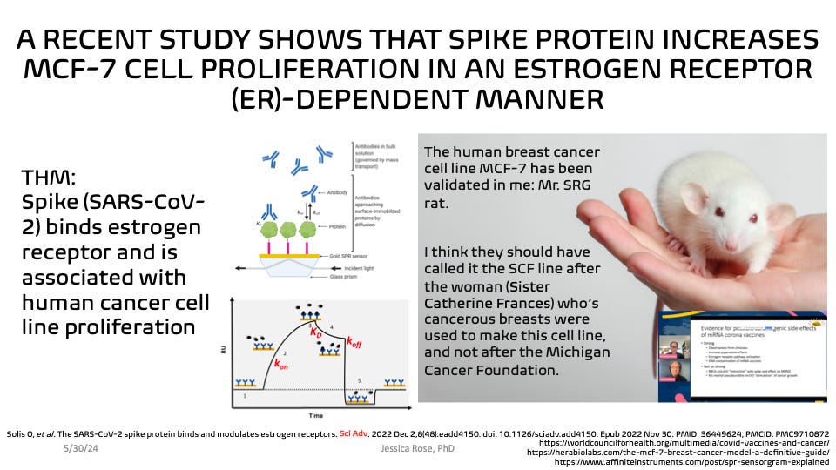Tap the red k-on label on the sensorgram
[282, 367]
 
